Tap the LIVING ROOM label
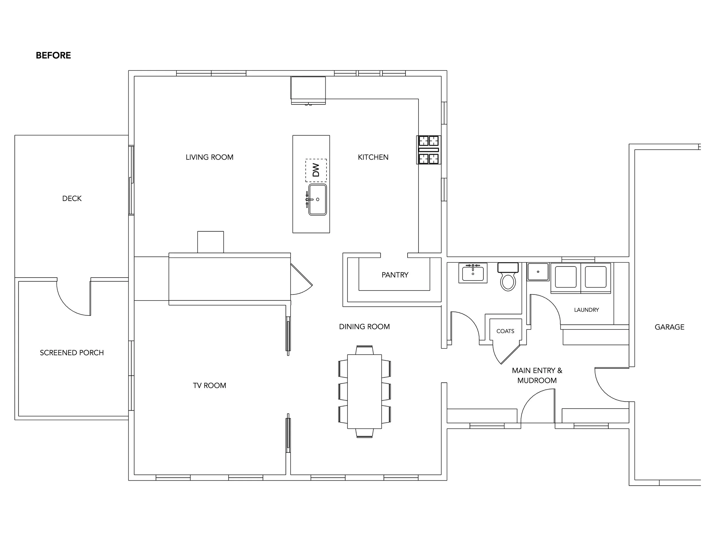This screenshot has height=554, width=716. coord(209,157)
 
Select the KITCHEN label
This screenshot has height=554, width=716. coord(373,157)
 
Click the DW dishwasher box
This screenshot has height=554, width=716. coord(316,170)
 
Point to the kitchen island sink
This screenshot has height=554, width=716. coord(317,200)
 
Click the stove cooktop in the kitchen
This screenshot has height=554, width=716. coord(429,150)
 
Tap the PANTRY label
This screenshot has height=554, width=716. coord(395,275)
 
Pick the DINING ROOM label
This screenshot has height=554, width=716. coord(364,327)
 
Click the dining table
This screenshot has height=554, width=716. coord(365,391)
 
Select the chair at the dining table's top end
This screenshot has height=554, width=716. coord(365,350)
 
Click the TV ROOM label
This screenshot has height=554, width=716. coord(209,385)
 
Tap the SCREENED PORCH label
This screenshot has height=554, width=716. coord(72,352)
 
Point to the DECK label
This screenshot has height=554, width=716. coord(72,198)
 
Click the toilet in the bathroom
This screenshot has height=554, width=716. coord(508,276)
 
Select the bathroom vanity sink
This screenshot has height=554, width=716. coord(473,273)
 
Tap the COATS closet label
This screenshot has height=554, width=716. coord(505,331)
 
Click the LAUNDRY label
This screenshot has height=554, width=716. coord(587,310)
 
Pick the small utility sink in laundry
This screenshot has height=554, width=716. coord(538,272)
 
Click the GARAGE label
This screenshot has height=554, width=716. coord(669,327)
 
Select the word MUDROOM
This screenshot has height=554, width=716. coord(537,381)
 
